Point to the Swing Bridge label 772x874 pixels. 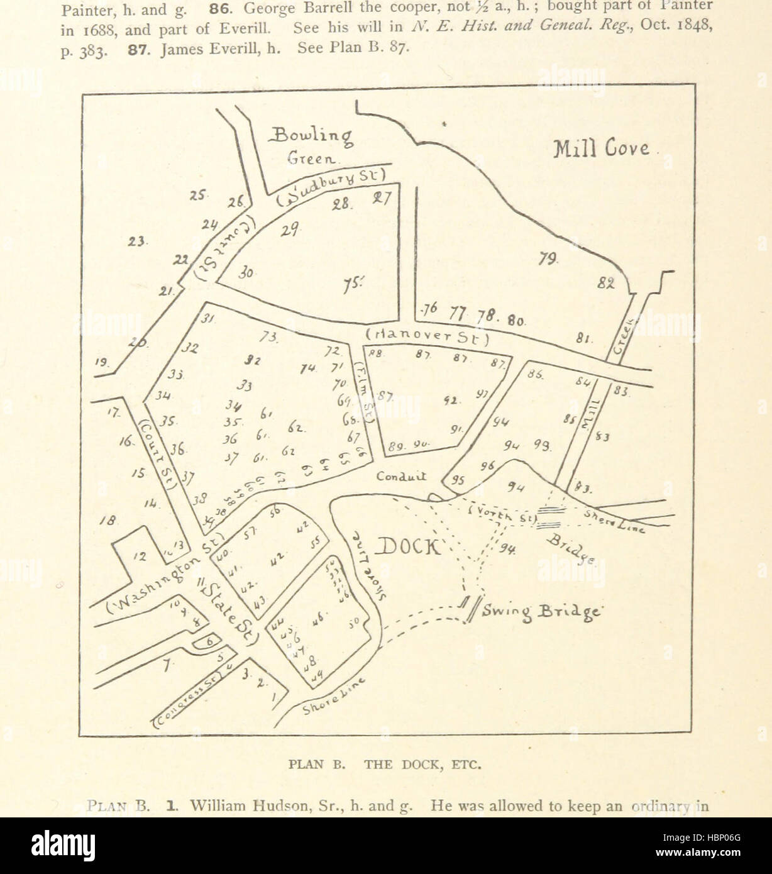click(x=542, y=611)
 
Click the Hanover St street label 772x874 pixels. click(x=427, y=338)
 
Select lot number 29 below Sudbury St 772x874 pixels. click(x=290, y=231)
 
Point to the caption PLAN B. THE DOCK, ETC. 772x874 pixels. click(x=385, y=765)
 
